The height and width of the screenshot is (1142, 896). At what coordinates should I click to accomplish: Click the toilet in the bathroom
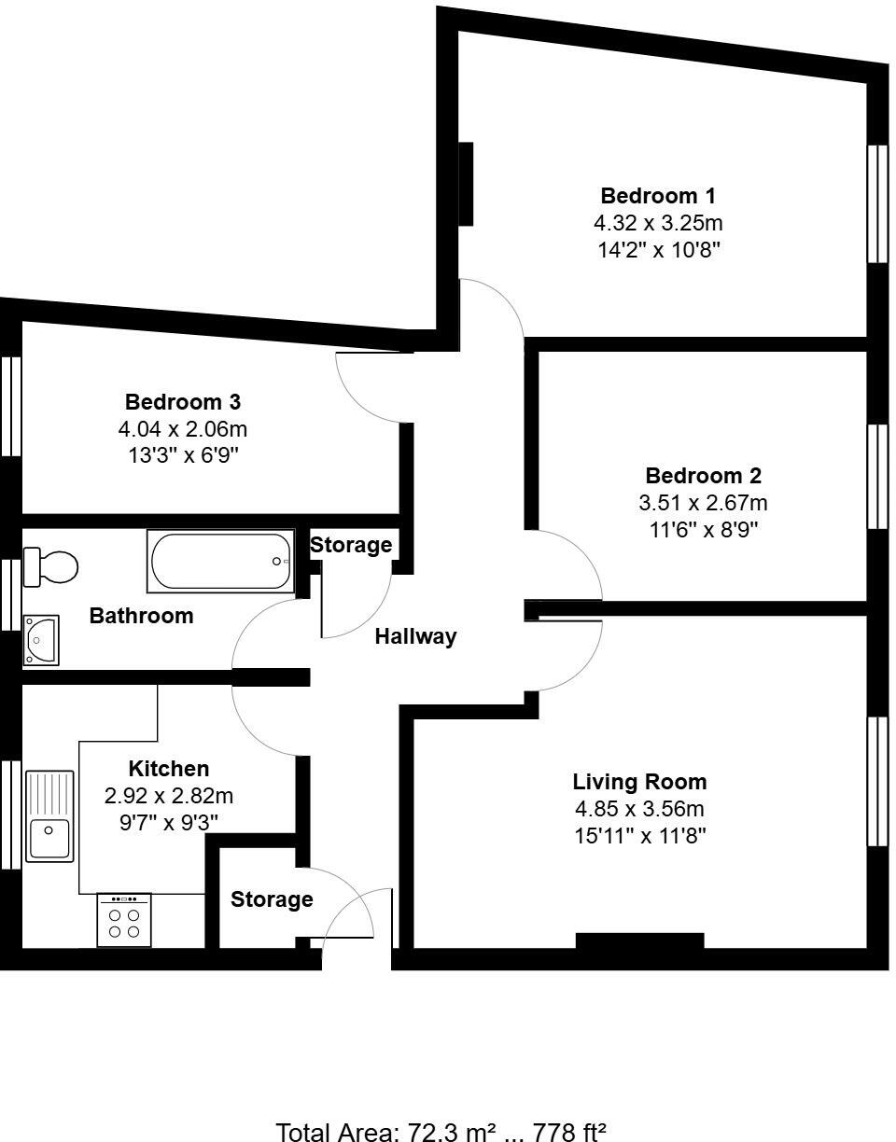(51, 566)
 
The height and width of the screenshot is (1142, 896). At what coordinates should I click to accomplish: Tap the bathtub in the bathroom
(220, 561)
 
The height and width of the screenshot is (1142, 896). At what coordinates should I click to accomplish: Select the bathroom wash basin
(42, 639)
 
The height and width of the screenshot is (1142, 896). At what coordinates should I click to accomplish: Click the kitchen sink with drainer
(49, 815)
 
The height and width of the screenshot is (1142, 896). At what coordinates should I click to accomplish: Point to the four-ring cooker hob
(124, 921)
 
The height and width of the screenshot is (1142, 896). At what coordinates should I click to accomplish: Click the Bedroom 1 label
(658, 196)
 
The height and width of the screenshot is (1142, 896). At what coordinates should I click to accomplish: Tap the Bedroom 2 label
(703, 476)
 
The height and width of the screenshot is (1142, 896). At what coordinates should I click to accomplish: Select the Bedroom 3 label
(183, 402)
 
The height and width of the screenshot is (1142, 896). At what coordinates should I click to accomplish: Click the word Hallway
(415, 636)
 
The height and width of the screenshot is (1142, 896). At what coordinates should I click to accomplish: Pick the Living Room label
(639, 782)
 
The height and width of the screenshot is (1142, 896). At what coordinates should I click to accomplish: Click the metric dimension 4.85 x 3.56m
(639, 809)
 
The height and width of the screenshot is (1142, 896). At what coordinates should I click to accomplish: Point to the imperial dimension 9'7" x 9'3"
(169, 822)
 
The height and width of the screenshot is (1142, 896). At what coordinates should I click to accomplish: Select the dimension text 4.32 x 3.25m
(658, 223)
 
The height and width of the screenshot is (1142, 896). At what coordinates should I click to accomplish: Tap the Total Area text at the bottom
(441, 1132)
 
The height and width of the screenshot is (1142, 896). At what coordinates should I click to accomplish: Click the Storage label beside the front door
(272, 899)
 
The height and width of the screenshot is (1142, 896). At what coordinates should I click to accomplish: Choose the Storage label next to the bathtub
(351, 545)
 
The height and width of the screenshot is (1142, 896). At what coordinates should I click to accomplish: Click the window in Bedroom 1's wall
(877, 203)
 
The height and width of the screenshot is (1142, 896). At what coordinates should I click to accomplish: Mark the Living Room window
(877, 781)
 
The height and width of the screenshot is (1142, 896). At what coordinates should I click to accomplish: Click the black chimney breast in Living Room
(639, 940)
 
